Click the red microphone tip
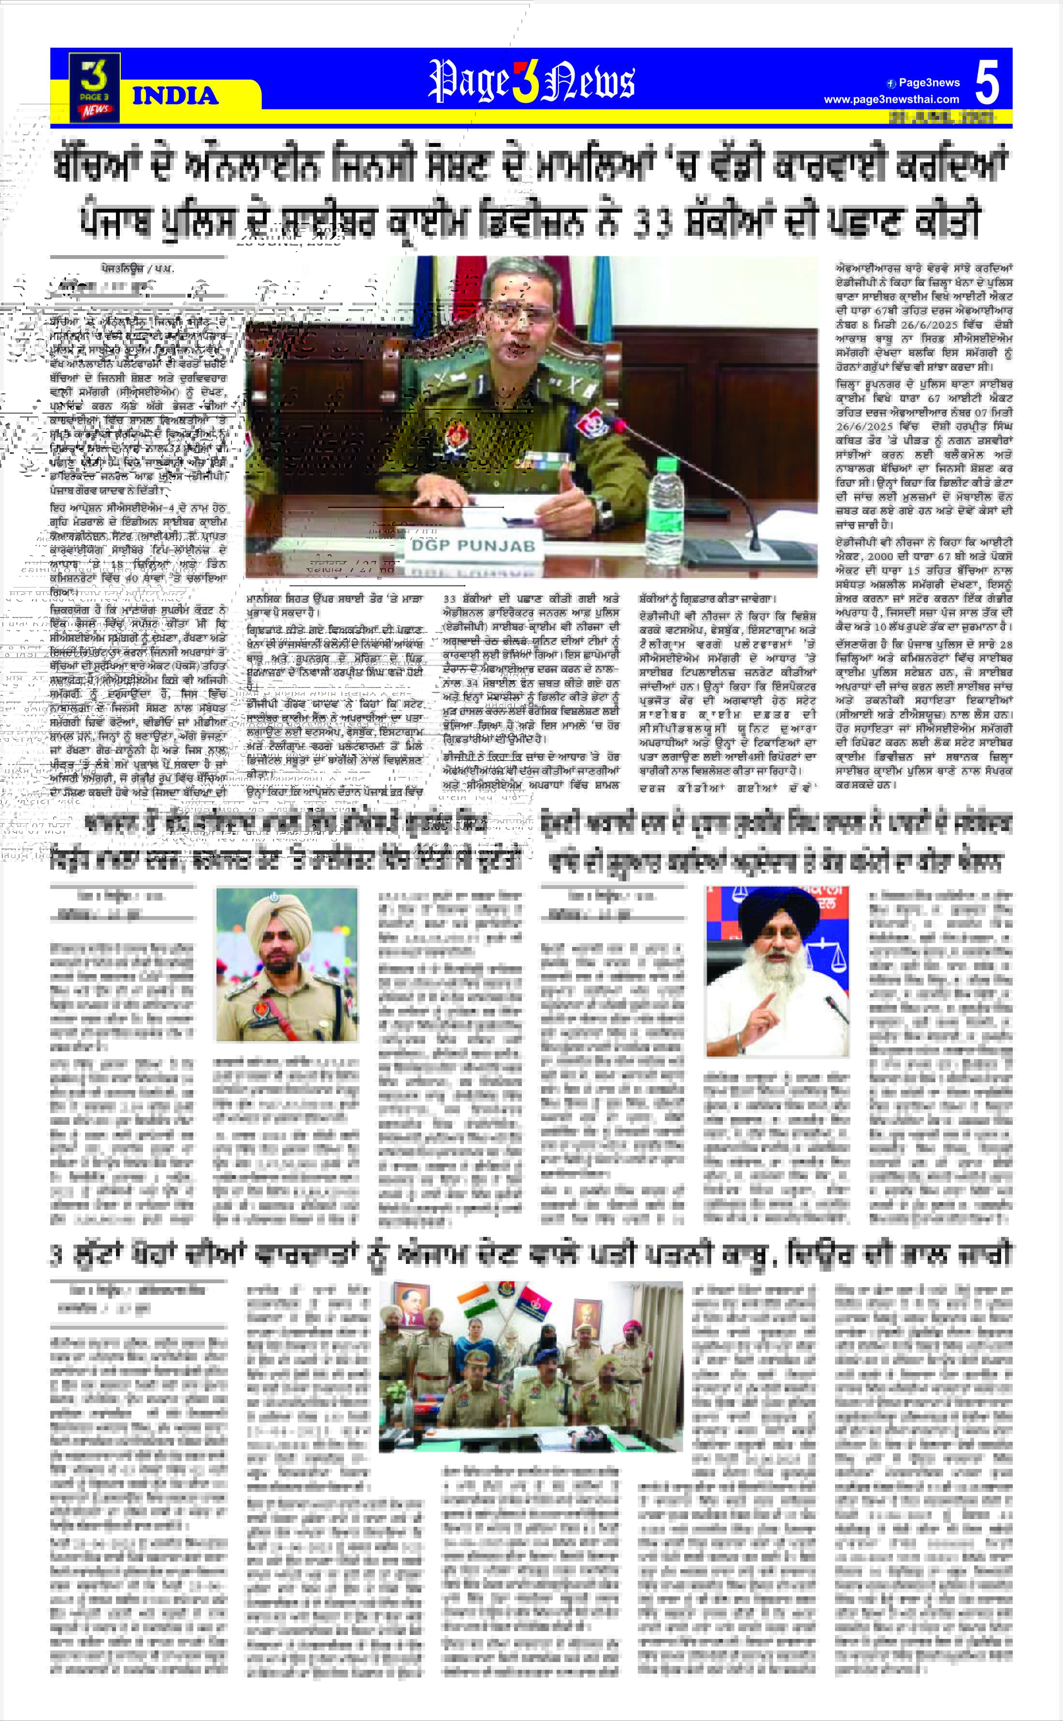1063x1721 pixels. click(x=619, y=425)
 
